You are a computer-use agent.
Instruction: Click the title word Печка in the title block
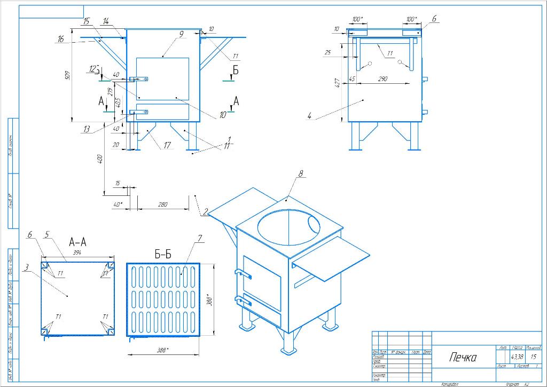click(463, 357)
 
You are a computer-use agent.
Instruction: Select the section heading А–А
click(77, 242)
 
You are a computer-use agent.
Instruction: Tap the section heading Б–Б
click(163, 255)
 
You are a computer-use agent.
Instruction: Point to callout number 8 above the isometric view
click(301, 173)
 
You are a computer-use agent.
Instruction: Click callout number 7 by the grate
click(200, 238)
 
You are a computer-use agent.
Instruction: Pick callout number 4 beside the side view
click(309, 116)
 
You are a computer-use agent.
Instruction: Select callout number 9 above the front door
click(182, 34)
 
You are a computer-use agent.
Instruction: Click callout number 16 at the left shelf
click(61, 39)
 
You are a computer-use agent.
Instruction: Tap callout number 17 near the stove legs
click(167, 145)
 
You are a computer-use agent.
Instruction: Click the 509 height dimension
click(67, 76)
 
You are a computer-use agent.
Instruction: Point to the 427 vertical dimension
click(338, 84)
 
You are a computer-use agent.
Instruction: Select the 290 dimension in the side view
click(382, 79)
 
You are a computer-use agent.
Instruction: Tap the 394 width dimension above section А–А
click(77, 252)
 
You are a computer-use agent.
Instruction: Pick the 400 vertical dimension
click(100, 160)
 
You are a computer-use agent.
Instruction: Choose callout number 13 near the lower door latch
click(86, 130)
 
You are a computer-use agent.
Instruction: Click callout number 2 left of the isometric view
click(205, 211)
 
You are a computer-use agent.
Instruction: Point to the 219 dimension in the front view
click(111, 91)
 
